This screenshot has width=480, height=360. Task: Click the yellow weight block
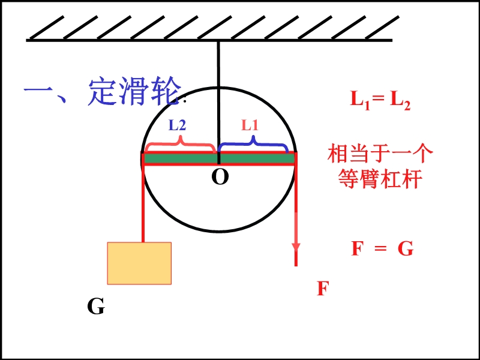(139, 263)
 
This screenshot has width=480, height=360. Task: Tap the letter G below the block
(95, 307)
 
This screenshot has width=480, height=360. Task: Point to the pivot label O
(220, 177)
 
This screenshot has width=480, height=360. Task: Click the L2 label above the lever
(177, 125)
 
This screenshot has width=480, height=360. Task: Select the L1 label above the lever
(250, 125)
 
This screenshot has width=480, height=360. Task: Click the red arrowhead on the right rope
(296, 247)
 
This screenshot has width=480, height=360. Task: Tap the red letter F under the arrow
(323, 289)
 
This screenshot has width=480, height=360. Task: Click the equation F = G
(382, 248)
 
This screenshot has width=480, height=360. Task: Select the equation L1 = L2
(380, 99)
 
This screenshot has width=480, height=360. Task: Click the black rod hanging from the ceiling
(218, 90)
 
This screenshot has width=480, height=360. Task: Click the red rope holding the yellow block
(143, 204)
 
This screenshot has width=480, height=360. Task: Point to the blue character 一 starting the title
(40, 93)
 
